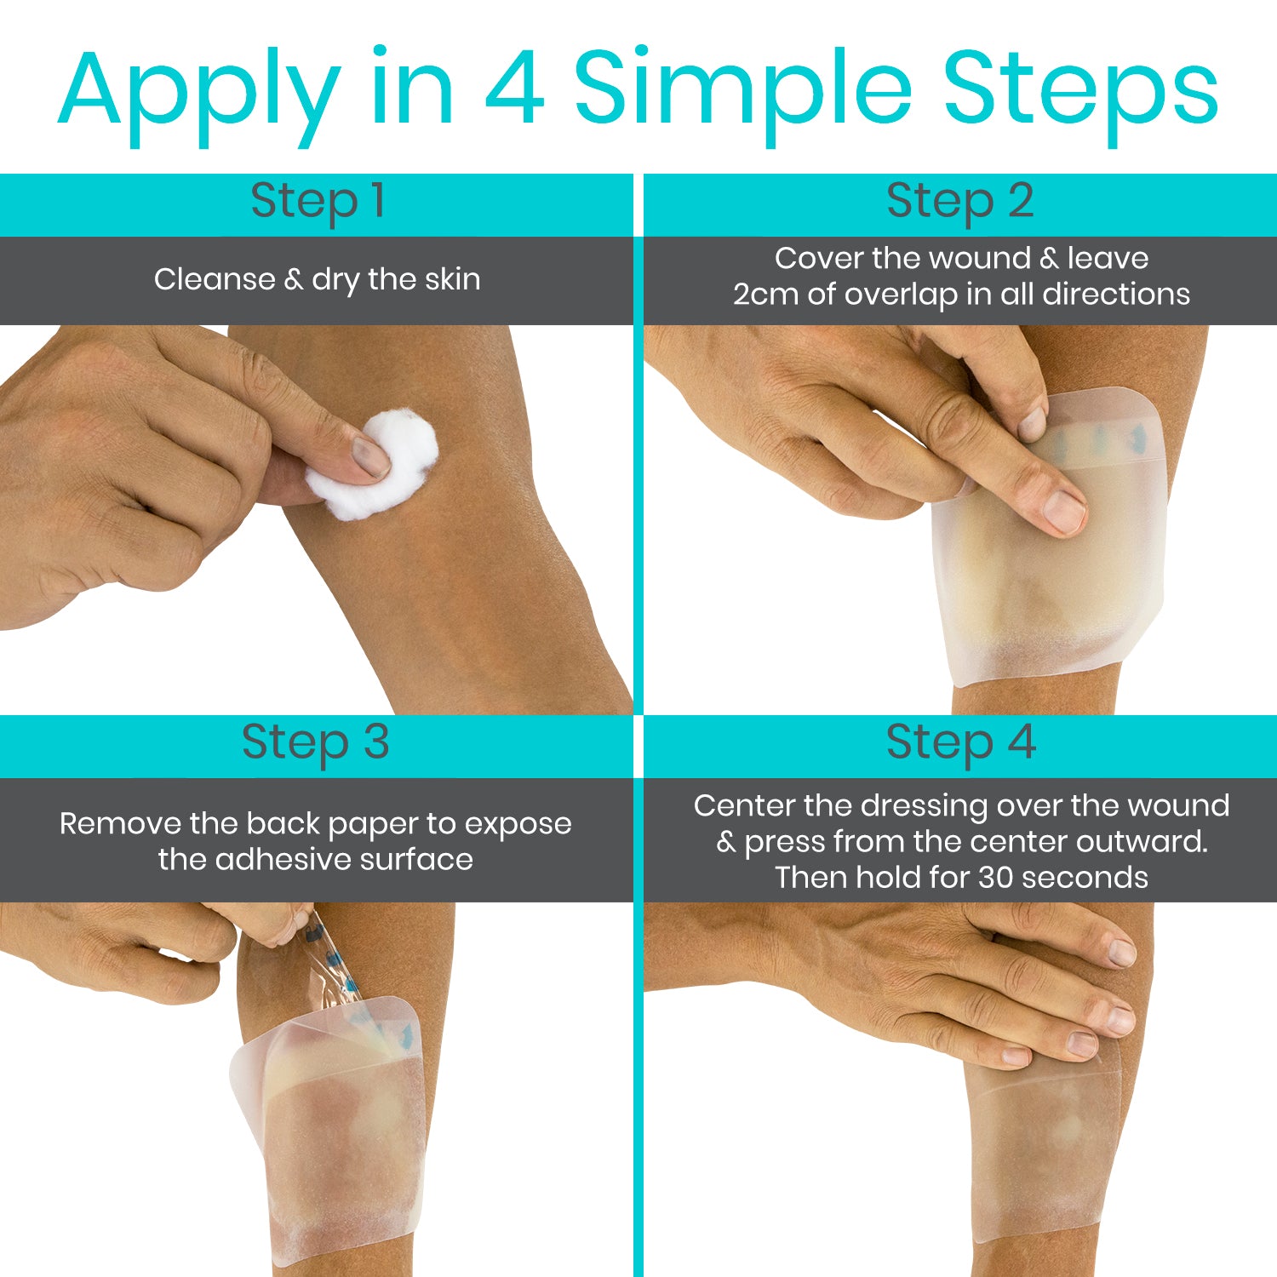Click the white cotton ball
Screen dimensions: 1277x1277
(x=373, y=465)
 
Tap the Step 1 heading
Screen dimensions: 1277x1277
(x=318, y=202)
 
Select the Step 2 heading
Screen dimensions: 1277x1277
(x=960, y=202)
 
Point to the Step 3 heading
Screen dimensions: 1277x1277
(x=316, y=742)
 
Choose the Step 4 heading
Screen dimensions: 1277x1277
(x=960, y=742)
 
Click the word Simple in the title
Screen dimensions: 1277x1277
(x=745, y=89)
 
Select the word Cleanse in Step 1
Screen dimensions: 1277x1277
(x=215, y=279)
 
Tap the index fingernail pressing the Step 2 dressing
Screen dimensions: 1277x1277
(x=1065, y=509)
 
